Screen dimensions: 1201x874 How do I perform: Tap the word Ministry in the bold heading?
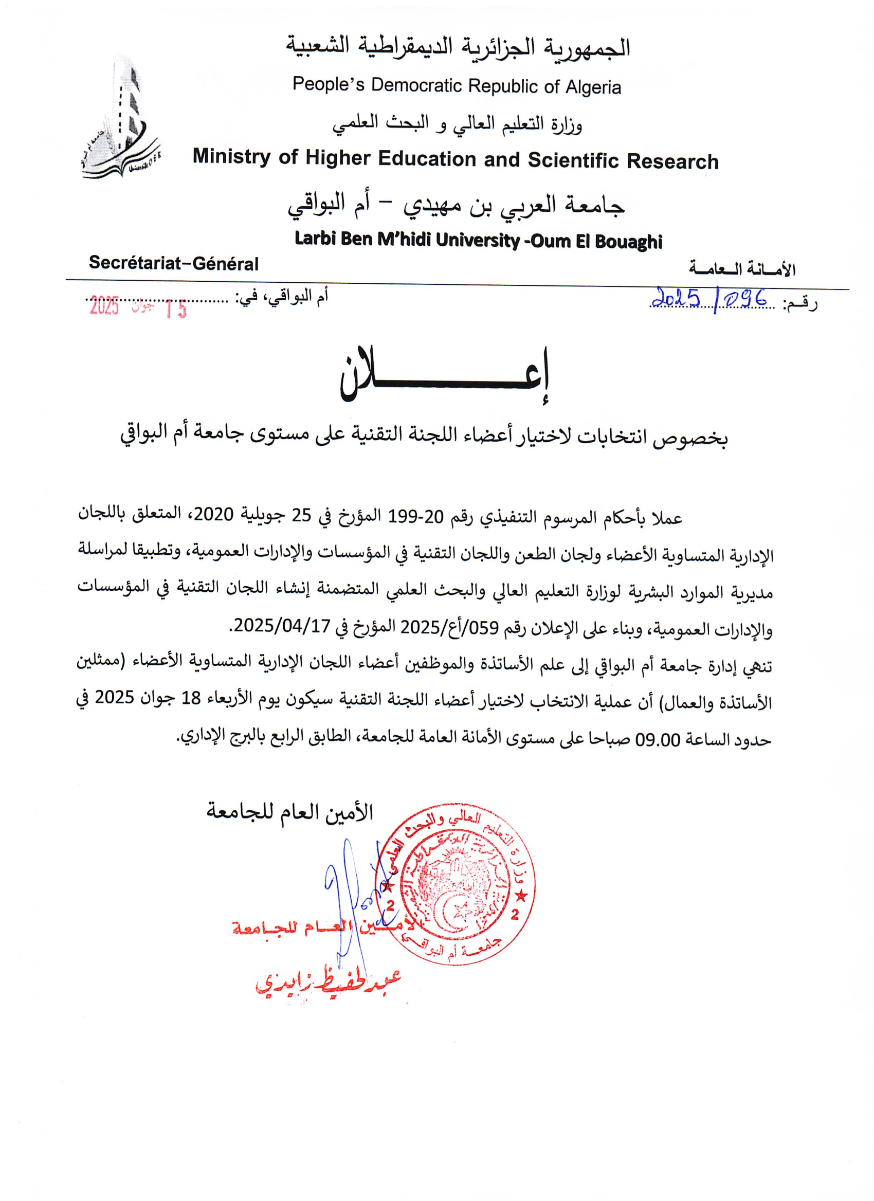pyautogui.click(x=231, y=157)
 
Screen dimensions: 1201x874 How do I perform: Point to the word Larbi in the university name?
pyautogui.click(x=315, y=239)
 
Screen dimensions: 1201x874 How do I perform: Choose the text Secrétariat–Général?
pyautogui.click(x=174, y=263)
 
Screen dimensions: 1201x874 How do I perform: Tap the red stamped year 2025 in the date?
pyautogui.click(x=104, y=306)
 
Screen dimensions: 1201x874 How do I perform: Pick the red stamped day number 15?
pyautogui.click(x=176, y=308)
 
